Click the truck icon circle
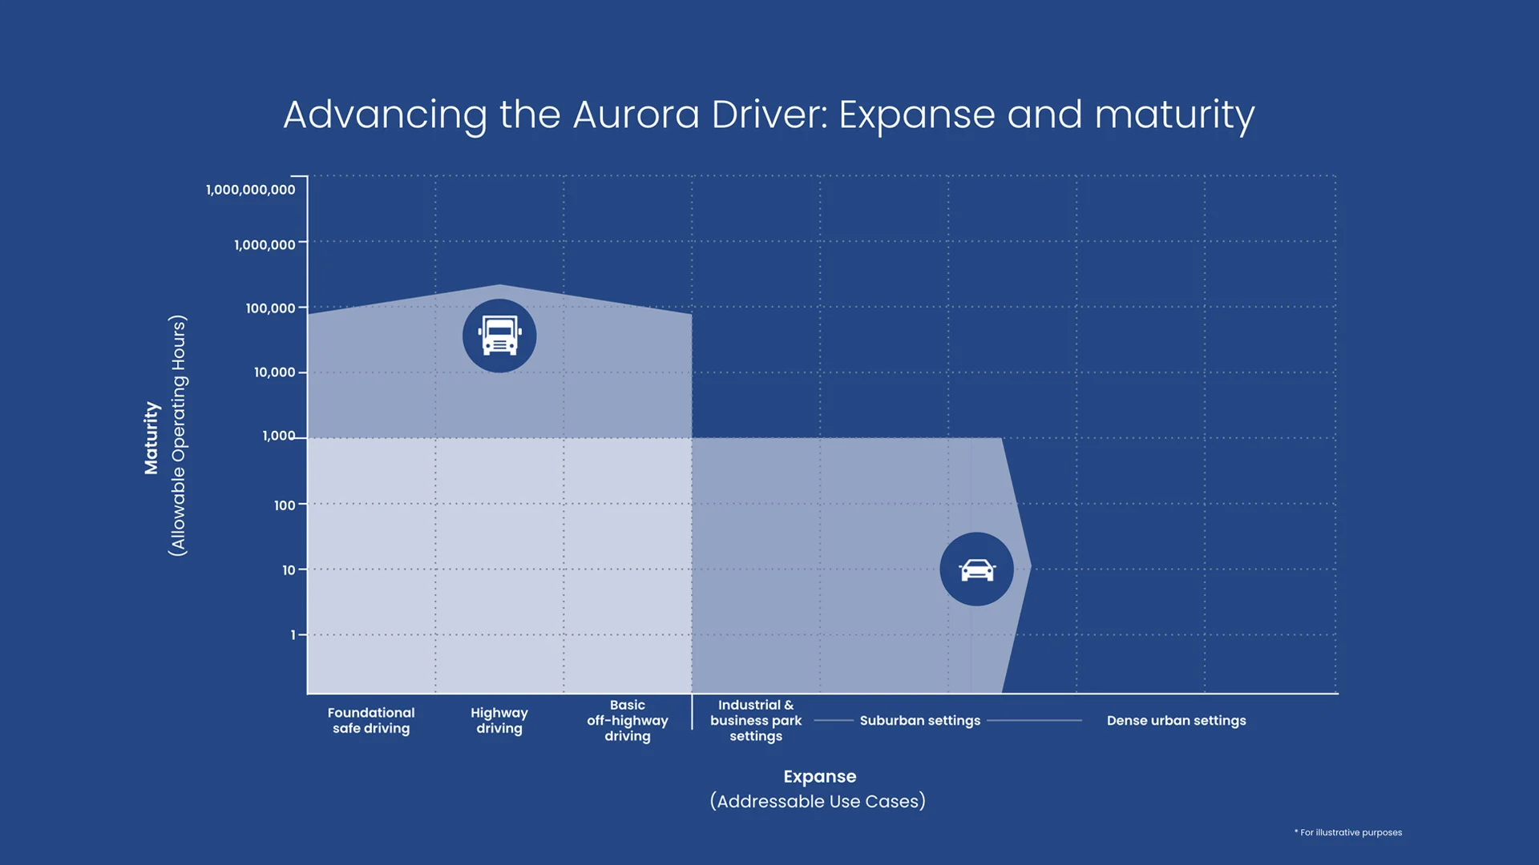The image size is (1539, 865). coord(499,336)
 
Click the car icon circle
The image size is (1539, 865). coord(976,569)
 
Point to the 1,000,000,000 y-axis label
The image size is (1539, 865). coord(250,190)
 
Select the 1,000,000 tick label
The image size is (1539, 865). coord(265,245)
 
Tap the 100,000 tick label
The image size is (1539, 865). coord(270,308)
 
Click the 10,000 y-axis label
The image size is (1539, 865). coord(274,372)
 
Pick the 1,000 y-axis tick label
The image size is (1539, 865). coord(278,436)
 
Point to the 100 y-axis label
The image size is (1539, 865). coord(285,505)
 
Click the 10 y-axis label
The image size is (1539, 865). coord(289,570)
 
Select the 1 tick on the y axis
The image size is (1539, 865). coord(293,635)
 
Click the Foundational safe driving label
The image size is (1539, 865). coord(371,720)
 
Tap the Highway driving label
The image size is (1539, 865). coord(499,720)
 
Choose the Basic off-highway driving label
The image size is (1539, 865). coord(627,720)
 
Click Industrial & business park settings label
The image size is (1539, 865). coord(755,720)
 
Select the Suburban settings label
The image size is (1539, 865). coord(919,721)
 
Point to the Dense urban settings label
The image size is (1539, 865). coord(1176,721)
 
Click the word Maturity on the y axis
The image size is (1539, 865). coord(151,437)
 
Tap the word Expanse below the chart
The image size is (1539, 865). coord(819,777)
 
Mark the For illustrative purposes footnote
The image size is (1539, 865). coord(1350,833)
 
